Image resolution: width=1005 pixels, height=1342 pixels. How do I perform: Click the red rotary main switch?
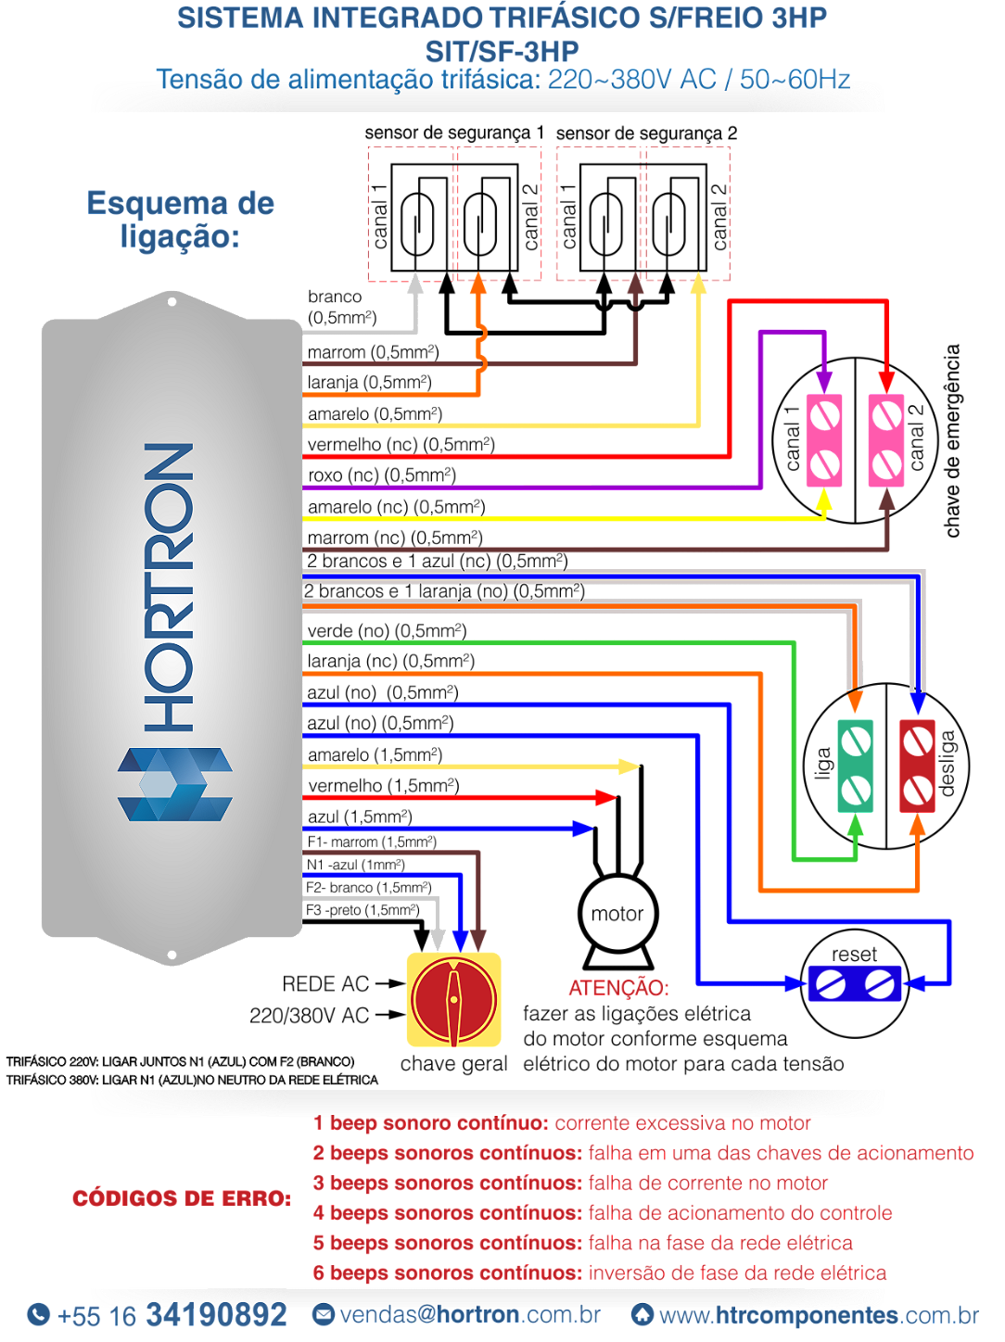coord(453,1000)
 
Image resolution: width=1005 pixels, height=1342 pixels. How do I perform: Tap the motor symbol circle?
coord(618,914)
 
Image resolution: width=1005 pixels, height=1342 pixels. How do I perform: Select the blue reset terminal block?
coord(855,983)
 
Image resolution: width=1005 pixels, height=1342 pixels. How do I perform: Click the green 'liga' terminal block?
coord(855,766)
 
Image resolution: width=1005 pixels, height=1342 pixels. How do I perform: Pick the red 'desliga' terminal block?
coord(917,766)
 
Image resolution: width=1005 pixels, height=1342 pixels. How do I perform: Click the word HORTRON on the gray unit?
coord(169,588)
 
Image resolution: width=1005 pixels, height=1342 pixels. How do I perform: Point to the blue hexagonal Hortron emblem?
coord(175,784)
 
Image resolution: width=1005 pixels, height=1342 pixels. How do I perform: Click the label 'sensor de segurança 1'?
coord(454,133)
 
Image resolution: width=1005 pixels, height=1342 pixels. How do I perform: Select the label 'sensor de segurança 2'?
coord(646,133)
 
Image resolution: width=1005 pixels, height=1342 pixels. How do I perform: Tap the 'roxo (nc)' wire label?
coord(381,475)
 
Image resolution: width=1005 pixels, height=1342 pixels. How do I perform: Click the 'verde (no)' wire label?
coord(387,630)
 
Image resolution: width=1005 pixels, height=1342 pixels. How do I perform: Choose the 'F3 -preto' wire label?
coord(363,910)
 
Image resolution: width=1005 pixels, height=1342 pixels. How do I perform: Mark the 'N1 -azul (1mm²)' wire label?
coord(356,865)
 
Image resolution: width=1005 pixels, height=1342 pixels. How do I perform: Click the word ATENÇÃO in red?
coord(618,988)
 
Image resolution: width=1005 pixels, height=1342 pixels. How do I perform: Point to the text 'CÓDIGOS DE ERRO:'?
coord(182,1198)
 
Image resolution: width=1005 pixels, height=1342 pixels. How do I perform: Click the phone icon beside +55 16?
coord(39,1314)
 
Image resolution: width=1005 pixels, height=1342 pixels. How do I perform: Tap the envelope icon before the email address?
coord(324,1314)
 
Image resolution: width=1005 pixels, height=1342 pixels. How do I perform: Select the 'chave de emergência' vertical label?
coord(952,441)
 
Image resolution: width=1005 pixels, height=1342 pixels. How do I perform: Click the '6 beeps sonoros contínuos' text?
coord(448,1272)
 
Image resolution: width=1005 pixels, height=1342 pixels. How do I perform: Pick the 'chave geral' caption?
coord(453,1064)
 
